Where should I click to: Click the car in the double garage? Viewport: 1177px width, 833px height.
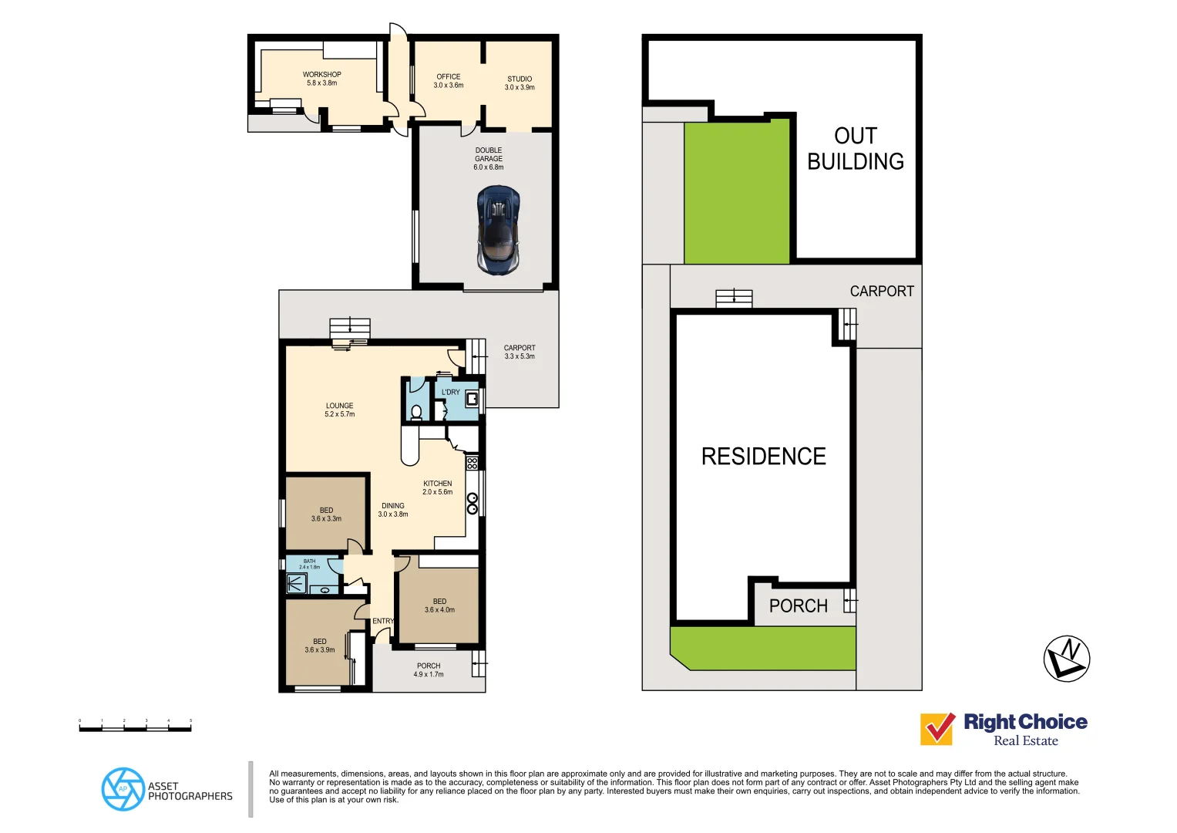point(498,229)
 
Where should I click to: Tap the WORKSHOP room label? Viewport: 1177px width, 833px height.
point(321,79)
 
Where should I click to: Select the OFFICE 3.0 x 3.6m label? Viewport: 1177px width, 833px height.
point(449,81)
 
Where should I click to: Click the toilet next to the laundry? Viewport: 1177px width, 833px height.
point(416,411)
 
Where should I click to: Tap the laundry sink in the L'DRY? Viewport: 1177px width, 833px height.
point(471,399)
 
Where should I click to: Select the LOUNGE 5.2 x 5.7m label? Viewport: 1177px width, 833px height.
point(339,410)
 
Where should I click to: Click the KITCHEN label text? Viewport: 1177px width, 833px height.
point(437,484)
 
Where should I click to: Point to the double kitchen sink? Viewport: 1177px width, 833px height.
point(472,504)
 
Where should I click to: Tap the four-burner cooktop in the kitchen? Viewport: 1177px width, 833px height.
point(472,463)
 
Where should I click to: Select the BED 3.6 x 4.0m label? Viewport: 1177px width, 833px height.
point(439,605)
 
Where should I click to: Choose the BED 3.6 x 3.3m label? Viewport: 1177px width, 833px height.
point(326,514)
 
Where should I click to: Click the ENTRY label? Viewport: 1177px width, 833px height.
point(383,621)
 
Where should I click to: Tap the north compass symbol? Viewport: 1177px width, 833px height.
point(1066,659)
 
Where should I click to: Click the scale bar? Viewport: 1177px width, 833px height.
point(135,727)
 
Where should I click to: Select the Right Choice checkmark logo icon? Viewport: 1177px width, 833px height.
point(937,728)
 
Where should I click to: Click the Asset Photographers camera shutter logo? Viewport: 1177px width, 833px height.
point(123,789)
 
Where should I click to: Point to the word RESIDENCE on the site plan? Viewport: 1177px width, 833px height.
point(763,457)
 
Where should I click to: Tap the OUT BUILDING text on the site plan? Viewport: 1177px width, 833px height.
point(856,149)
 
